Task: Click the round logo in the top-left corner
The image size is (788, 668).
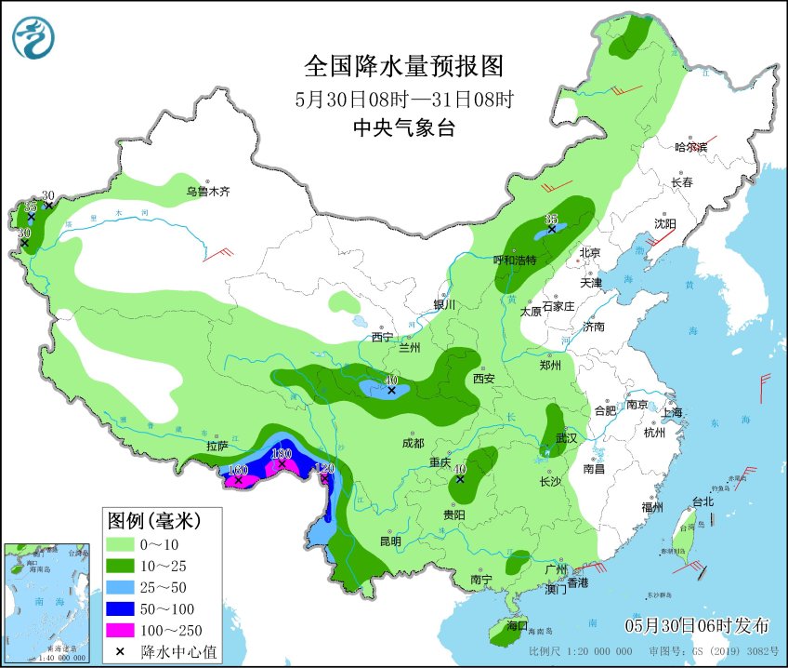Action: pyautogui.click(x=33, y=36)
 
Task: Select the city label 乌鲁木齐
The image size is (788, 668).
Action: pyautogui.click(x=206, y=192)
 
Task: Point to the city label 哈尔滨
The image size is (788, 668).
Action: pyautogui.click(x=690, y=147)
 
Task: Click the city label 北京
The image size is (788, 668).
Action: pyautogui.click(x=591, y=252)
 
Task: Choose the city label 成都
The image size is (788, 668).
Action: pyautogui.click(x=414, y=443)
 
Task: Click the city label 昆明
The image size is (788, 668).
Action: pyautogui.click(x=389, y=541)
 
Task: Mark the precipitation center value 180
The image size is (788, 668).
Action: pyautogui.click(x=282, y=453)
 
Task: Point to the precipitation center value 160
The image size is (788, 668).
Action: pyautogui.click(x=238, y=470)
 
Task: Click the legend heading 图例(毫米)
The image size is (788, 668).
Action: pyautogui.click(x=153, y=517)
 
